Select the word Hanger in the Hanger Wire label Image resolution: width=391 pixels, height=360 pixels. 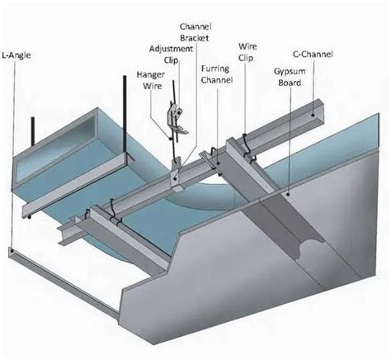[x=149, y=73]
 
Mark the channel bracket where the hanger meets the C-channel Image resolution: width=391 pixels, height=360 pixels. [x=179, y=176]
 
